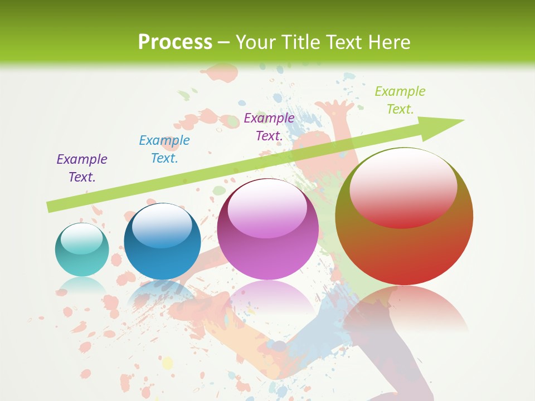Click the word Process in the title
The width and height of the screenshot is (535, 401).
[175, 42]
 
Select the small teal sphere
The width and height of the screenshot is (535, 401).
[82, 250]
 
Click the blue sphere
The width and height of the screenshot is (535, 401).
[162, 241]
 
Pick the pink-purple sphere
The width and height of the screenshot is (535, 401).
[267, 229]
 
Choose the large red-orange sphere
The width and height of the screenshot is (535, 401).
[404, 217]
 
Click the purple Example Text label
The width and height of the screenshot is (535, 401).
[82, 168]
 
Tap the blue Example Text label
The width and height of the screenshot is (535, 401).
[164, 149]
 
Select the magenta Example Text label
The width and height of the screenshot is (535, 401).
[269, 127]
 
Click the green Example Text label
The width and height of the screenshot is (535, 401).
[400, 100]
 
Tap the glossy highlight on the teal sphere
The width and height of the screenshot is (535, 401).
[81, 238]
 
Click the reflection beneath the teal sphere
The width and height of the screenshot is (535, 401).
[81, 286]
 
